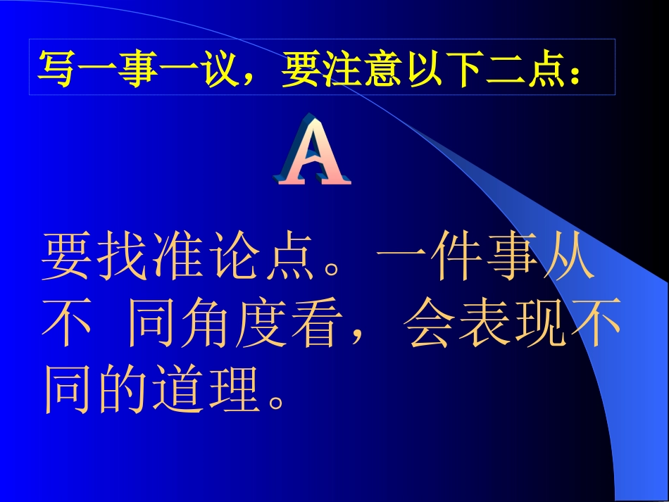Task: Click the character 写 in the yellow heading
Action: pos(56,68)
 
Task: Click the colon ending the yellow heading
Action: pos(575,70)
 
